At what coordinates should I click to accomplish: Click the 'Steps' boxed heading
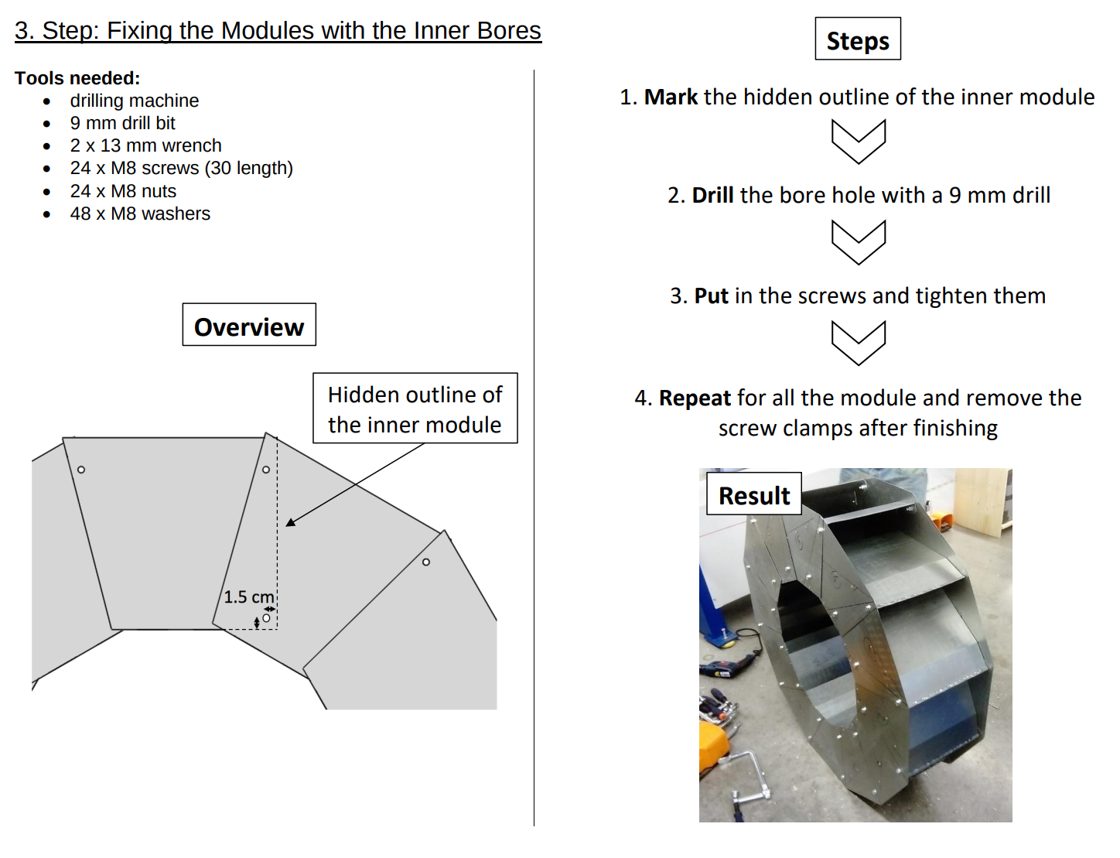point(857,39)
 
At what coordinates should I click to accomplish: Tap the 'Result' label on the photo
point(753,495)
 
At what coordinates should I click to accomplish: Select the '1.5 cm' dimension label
point(248,597)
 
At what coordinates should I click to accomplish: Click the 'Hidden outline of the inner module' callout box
point(415,408)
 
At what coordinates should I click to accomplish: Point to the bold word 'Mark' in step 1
point(671,97)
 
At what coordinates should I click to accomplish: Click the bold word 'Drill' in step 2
point(712,195)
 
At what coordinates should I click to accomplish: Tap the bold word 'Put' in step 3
point(711,296)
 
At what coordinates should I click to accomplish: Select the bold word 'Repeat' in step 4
point(695,398)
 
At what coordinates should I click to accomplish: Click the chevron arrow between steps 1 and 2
point(858,142)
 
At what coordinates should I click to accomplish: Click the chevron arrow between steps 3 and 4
point(858,344)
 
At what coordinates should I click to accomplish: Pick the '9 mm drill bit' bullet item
point(122,123)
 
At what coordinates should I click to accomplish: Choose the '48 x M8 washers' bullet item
point(140,214)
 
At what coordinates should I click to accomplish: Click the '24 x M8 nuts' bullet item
point(123,191)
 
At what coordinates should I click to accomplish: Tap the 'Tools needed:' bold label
point(77,78)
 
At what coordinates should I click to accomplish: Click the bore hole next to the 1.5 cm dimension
point(266,618)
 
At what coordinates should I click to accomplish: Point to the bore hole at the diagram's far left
point(81,470)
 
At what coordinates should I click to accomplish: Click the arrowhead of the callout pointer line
point(290,523)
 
